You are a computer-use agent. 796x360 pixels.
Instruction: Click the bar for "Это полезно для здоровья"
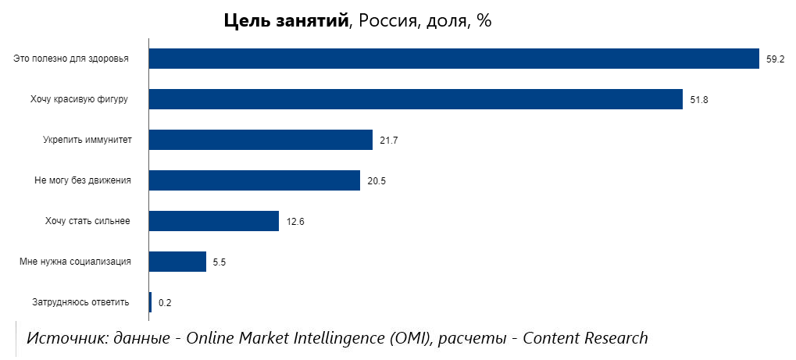[454, 59]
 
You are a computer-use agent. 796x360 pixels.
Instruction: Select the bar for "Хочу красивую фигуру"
[416, 99]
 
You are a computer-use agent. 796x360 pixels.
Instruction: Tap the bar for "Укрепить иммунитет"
[261, 140]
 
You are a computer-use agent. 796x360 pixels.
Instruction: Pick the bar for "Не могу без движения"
[255, 180]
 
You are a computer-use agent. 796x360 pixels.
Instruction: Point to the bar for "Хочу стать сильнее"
[214, 221]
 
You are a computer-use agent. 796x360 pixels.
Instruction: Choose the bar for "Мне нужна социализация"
[177, 262]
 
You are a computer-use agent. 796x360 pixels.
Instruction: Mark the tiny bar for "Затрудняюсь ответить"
[150, 302]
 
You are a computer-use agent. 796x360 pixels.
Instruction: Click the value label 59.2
[775, 59]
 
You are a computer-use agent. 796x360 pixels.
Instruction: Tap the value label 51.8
[698, 100]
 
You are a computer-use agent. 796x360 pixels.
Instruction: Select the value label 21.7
[388, 141]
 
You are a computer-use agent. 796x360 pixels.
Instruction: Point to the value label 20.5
[377, 181]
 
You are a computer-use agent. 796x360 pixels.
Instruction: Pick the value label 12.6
[295, 222]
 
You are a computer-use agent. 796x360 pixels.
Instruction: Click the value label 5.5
[220, 262]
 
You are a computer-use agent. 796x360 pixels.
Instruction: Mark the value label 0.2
[165, 303]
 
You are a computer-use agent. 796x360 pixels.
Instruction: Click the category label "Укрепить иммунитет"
[87, 140]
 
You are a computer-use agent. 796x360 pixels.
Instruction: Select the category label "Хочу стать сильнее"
[87, 221]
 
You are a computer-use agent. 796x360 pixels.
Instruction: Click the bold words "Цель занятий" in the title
[286, 22]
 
